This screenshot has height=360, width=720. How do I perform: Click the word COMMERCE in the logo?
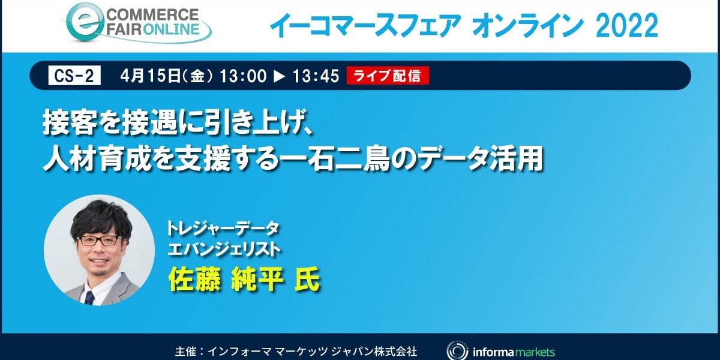point(152,15)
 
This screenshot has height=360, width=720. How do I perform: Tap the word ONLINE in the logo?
point(172,29)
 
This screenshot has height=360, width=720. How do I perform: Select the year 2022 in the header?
point(627,25)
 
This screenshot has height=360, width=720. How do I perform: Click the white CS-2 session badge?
point(74,76)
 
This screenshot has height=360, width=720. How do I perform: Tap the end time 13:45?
point(316,76)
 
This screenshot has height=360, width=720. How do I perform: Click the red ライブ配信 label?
point(388,76)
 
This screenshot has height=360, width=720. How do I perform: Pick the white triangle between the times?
point(280,77)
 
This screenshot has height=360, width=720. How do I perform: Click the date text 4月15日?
point(151,76)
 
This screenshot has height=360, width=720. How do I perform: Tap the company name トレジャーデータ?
point(223,229)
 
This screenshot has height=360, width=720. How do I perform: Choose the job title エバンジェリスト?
point(224,250)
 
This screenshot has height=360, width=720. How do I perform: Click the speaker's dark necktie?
point(89,298)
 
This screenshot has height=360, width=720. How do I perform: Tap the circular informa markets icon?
point(457,350)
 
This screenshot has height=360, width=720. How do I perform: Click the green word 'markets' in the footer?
point(535,352)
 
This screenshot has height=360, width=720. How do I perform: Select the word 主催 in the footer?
point(186,351)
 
